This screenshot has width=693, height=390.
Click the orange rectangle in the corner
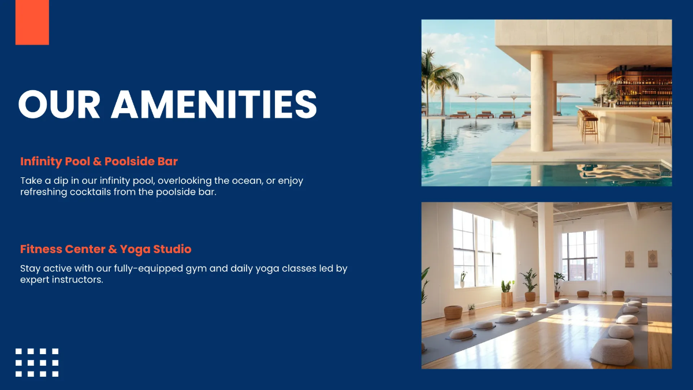(32, 22)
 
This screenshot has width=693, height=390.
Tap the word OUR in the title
(58, 105)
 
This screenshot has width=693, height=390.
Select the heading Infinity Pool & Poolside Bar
(99, 161)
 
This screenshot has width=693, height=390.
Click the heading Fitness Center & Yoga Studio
(106, 249)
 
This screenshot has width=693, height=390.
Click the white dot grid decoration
(37, 362)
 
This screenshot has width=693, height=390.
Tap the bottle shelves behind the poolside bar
(641, 87)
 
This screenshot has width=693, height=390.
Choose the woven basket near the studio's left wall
(453, 312)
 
